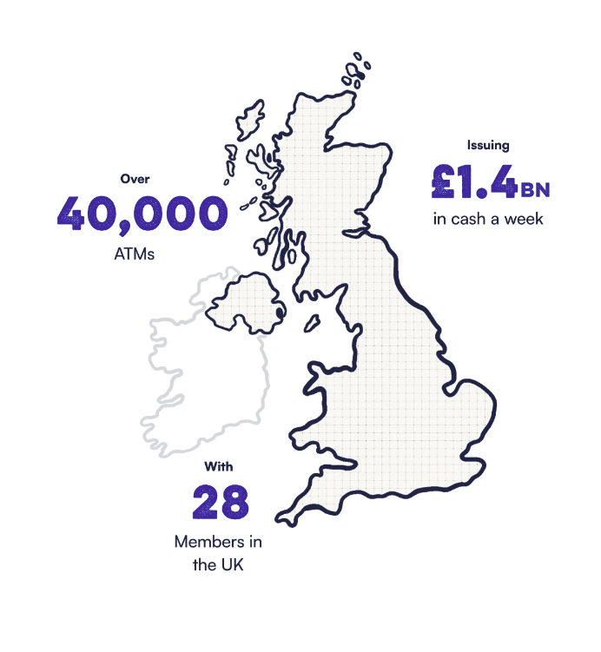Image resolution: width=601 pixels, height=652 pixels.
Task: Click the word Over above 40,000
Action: tap(135, 180)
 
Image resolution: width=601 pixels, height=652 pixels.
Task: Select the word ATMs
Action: tap(135, 254)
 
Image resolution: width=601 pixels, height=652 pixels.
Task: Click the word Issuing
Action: tap(488, 146)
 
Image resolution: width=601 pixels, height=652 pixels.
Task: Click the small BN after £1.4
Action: tap(536, 188)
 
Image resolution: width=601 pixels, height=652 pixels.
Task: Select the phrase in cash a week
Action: tap(488, 219)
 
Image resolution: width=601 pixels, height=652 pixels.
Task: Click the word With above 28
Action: tap(219, 466)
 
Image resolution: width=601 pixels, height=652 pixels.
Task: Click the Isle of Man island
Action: tap(311, 323)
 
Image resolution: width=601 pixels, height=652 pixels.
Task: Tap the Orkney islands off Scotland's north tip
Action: tap(356, 73)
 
